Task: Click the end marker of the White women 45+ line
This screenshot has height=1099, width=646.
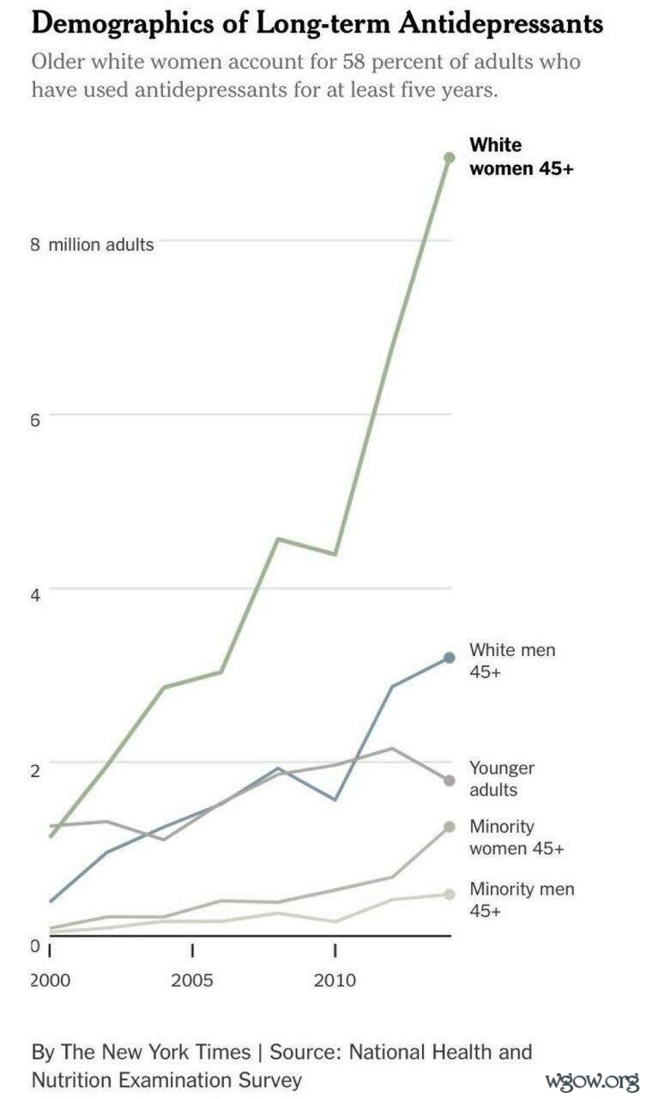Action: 449,157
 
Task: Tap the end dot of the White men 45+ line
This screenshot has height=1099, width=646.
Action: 449,658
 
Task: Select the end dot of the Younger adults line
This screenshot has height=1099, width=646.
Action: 449,780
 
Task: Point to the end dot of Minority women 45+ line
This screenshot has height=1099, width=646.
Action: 449,827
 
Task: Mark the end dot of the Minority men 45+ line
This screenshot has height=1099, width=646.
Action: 449,894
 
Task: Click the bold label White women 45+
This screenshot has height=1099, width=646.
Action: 521,156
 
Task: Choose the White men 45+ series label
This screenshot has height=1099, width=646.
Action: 511,660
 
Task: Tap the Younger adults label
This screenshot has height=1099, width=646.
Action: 501,779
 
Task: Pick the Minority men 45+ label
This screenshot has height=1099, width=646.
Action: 521,899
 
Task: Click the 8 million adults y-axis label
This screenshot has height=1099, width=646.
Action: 92,245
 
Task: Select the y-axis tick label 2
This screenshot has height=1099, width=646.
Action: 36,769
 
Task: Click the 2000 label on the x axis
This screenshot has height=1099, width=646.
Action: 51,981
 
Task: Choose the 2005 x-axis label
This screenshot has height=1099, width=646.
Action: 192,981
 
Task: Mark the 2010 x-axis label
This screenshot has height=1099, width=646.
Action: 335,981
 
